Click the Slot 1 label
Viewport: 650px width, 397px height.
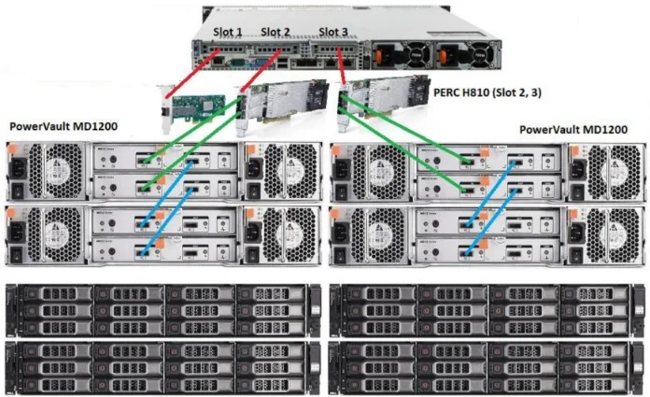[x=228, y=33]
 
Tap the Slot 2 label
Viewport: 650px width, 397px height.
[x=276, y=33]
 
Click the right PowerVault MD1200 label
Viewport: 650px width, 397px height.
[x=574, y=130]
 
